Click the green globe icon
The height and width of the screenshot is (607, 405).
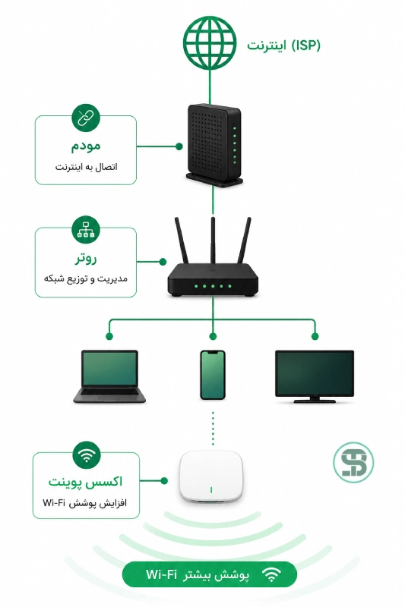coord(210,43)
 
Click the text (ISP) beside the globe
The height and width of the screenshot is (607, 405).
coord(305,46)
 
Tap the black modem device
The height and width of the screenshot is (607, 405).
coord(214,145)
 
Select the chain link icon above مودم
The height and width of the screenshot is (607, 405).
coord(86,118)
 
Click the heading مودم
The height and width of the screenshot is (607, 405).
coord(86,146)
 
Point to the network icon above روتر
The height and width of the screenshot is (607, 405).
coord(86,230)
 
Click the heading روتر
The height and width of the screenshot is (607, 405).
coord(86,258)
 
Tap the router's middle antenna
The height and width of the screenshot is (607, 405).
coord(213,241)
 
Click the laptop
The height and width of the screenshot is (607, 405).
coord(109,376)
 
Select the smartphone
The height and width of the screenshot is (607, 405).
coord(213,375)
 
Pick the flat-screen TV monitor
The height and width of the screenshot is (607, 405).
coord(315,376)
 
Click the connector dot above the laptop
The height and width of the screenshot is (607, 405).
coord(109,336)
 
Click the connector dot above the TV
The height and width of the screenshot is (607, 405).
coord(315,336)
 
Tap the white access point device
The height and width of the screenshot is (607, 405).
coord(210,476)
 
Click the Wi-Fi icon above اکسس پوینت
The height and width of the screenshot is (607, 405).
coord(87,454)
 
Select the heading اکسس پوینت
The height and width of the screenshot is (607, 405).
coord(85,482)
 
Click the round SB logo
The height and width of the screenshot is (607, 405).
coord(353,462)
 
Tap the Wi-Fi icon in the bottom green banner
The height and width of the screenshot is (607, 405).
coord(271,574)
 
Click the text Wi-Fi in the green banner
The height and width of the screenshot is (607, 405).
coord(161,574)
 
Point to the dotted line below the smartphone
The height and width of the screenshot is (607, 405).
coord(213,428)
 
